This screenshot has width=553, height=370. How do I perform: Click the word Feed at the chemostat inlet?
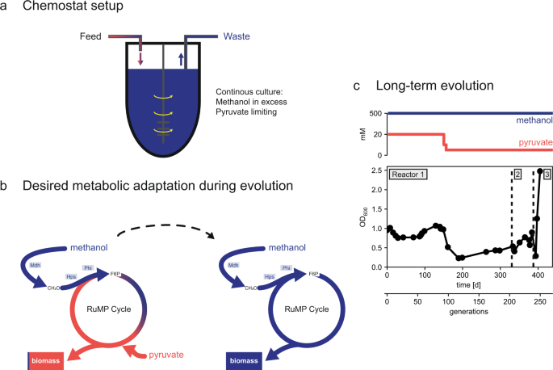94,36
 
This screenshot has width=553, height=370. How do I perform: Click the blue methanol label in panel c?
530,120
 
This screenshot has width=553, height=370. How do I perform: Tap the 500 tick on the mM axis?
375,114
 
